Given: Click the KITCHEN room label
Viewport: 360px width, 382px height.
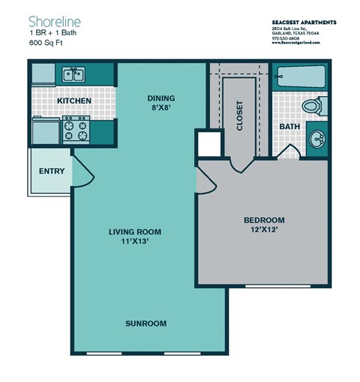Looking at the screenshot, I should (x=74, y=101).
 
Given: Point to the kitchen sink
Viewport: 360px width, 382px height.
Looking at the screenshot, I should (x=73, y=74).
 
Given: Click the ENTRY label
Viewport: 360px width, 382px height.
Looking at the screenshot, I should (x=51, y=171).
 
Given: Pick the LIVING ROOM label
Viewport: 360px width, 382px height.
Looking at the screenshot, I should (x=135, y=231).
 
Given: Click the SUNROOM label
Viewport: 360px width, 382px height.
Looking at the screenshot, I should (x=145, y=323).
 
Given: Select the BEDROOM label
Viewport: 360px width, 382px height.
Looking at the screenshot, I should (x=264, y=220).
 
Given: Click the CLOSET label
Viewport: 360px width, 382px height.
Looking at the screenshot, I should (x=240, y=116).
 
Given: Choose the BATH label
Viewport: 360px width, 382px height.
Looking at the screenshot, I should (x=289, y=127).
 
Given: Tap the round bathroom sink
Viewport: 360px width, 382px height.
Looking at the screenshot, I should (x=317, y=139).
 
